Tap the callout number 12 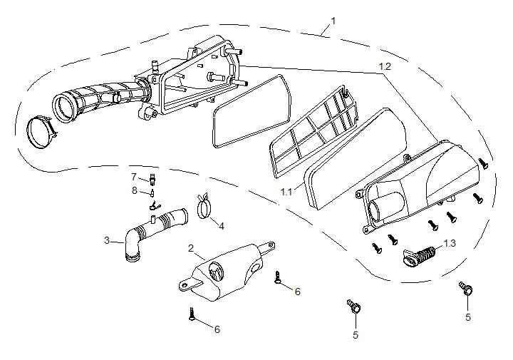(x=385, y=66)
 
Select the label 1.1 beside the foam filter (x=286, y=192)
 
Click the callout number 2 (x=191, y=247)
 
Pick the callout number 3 (x=107, y=240)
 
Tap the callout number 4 (x=221, y=225)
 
